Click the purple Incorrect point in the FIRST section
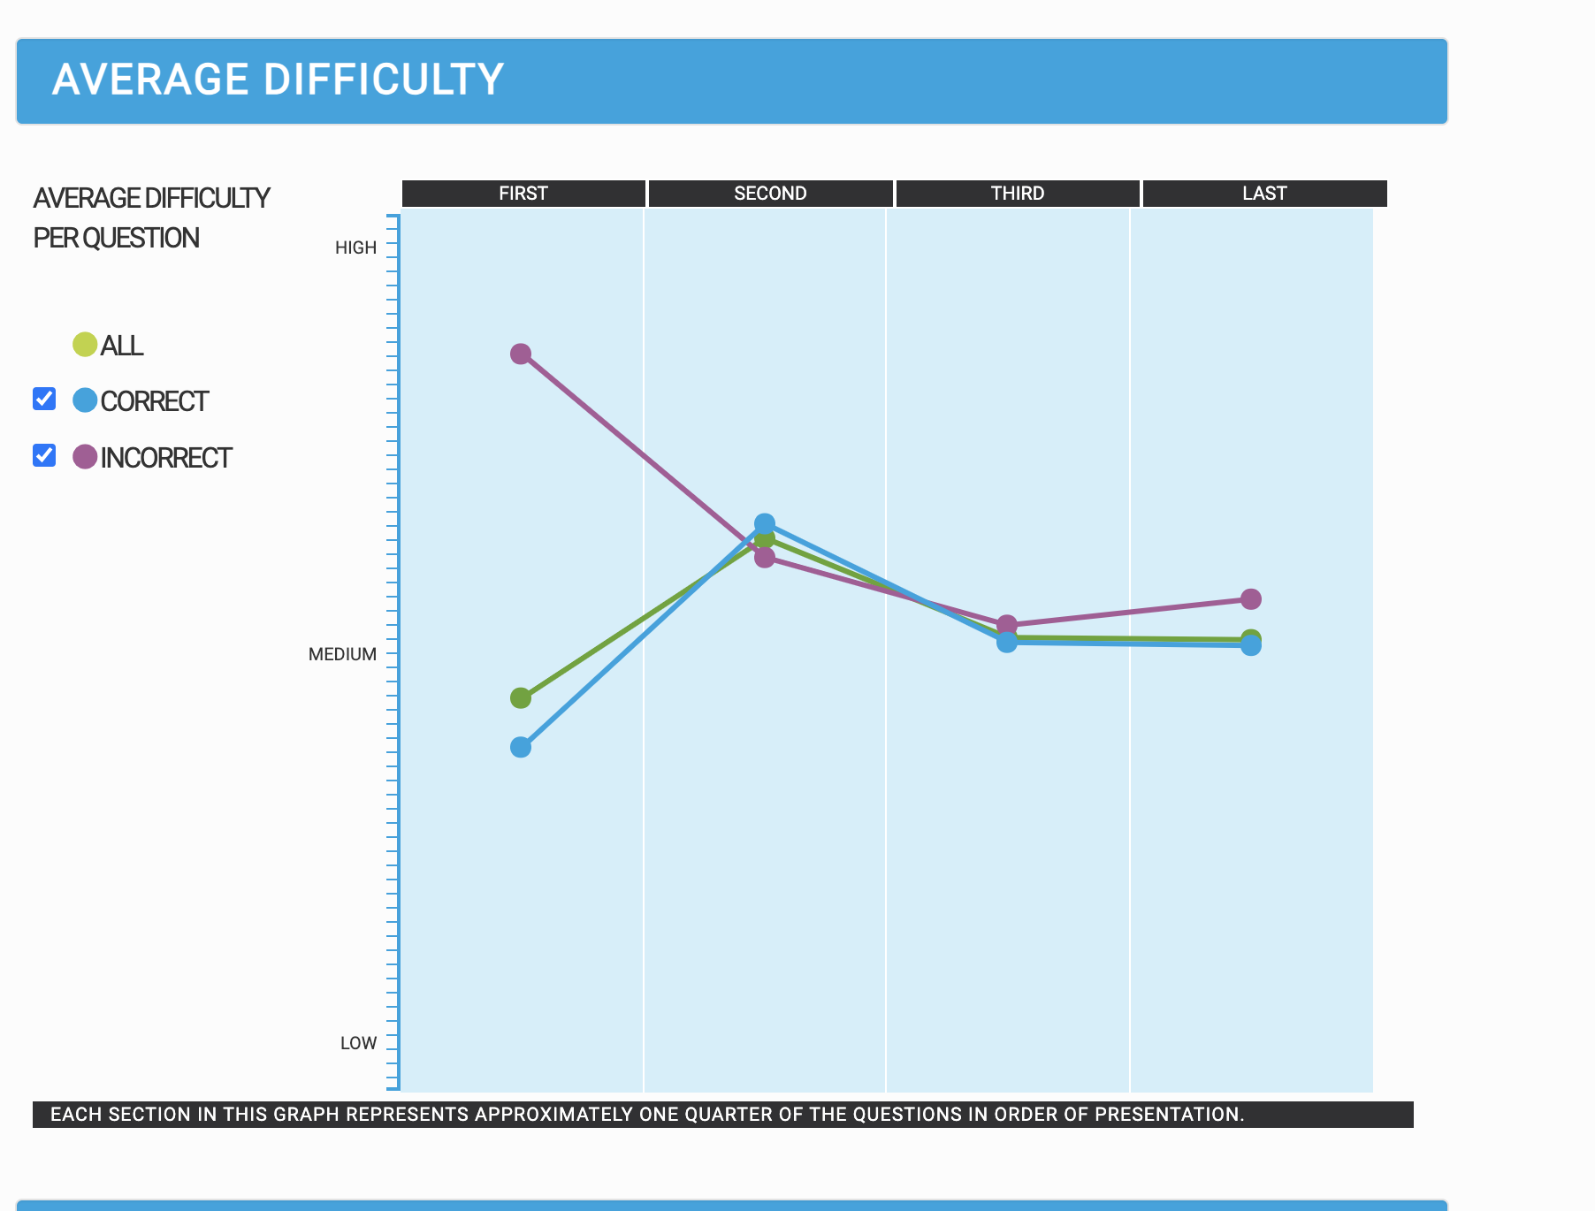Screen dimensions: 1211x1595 point(521,354)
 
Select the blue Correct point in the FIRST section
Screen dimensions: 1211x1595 point(521,747)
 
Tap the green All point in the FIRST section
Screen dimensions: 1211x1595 point(521,698)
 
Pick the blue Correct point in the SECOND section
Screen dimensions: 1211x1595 point(765,524)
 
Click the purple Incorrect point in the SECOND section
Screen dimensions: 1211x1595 point(765,557)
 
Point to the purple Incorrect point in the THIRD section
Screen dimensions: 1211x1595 point(1006,624)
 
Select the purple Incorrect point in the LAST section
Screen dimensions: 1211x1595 point(1250,599)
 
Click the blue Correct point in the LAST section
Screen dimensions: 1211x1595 point(1250,646)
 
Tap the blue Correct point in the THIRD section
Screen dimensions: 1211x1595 point(1006,643)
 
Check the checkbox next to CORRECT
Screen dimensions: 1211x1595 point(44,400)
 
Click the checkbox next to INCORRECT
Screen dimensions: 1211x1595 point(44,455)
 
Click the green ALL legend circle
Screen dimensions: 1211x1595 point(85,344)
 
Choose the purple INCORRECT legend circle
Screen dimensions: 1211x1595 point(85,456)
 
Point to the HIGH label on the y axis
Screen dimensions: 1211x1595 point(355,248)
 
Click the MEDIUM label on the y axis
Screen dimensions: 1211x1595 point(342,654)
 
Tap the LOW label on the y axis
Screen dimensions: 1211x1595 point(358,1043)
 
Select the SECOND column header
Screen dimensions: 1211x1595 point(770,194)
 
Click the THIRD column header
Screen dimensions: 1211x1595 point(1018,194)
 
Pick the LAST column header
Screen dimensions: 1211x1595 point(1264,194)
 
